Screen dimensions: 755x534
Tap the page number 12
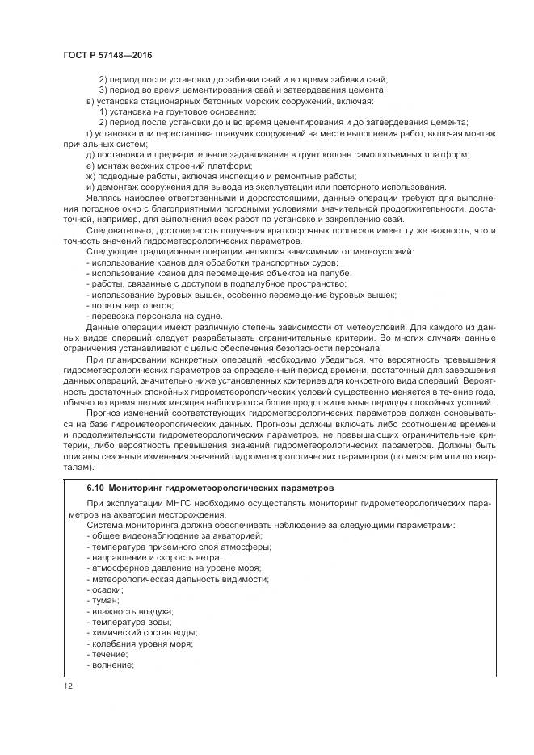point(69,686)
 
